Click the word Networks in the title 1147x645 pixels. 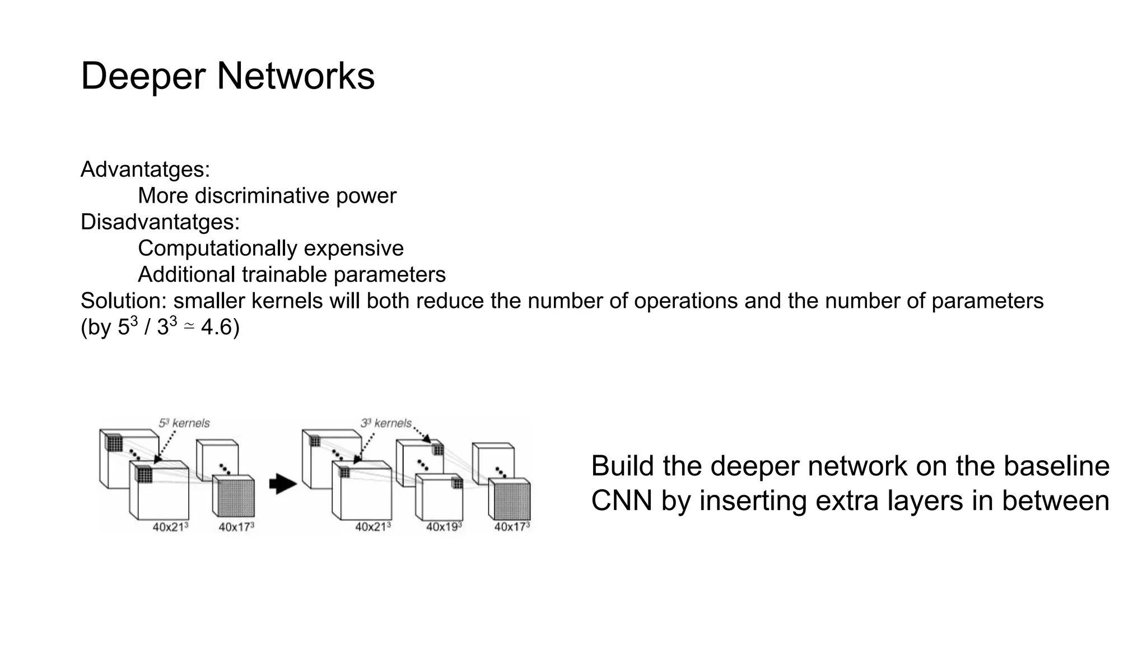point(295,76)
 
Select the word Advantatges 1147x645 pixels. point(143,169)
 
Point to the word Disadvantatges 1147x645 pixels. point(158,222)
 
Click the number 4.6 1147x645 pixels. point(216,327)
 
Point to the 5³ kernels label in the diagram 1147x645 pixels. point(184,423)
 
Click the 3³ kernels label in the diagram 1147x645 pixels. point(386,423)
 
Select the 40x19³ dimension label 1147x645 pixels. point(444,527)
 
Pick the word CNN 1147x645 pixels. point(622,501)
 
